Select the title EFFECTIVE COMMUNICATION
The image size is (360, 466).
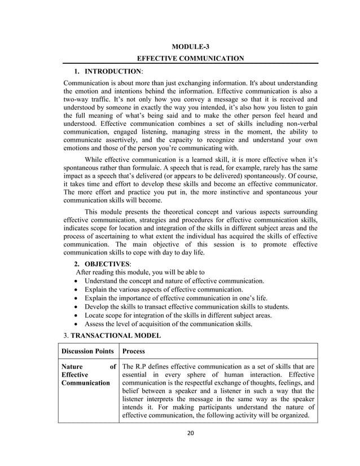[x=191, y=58]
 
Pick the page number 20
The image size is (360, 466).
[x=191, y=434]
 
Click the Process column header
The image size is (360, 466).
[x=134, y=350]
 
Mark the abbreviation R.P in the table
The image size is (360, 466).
[x=142, y=366]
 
